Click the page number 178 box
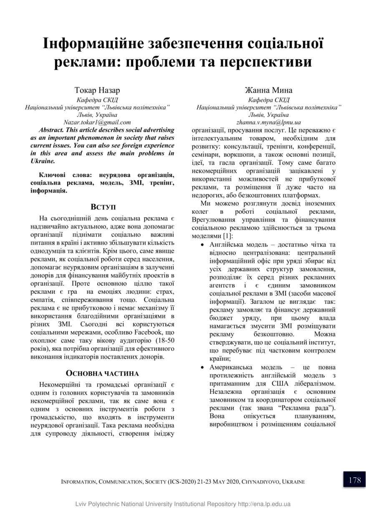pos(354,480)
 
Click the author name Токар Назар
pos(97,90)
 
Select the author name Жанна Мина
pos(268,90)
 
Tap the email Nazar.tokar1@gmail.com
pos(97,122)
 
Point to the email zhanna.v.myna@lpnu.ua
pos(268,122)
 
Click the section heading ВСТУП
pos(103,207)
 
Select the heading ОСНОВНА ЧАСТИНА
pos(103,373)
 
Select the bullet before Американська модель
pos(202,368)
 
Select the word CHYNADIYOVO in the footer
pos(260,482)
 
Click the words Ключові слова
pos(63,175)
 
